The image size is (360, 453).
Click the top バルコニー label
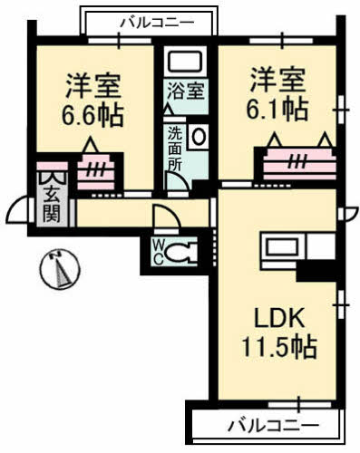coord(149,20)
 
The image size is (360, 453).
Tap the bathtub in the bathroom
coord(186,63)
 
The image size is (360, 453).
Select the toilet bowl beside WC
coord(183,252)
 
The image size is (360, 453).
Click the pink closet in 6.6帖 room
coord(93,171)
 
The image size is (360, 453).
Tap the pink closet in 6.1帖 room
coord(297,163)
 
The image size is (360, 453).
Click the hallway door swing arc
coord(165,218)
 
